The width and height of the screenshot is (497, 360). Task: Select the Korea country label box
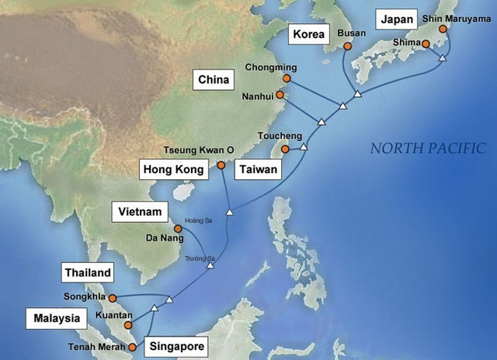point(307,34)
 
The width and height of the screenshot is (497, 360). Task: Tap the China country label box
point(213,80)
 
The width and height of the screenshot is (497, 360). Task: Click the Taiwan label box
point(258,169)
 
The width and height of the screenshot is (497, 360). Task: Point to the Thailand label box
point(88,273)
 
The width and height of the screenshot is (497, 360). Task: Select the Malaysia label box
point(55,318)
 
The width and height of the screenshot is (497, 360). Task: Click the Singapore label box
point(178,347)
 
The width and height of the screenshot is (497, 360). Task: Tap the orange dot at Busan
point(347,46)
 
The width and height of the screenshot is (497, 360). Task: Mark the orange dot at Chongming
point(287,78)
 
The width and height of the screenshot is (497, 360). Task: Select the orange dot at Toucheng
point(286,149)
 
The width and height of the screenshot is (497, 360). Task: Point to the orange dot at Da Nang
point(178,229)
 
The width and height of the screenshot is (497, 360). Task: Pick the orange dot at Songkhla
point(113,298)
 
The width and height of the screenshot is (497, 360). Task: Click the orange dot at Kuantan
point(128,326)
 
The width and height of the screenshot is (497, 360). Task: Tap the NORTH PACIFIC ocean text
point(427,148)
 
